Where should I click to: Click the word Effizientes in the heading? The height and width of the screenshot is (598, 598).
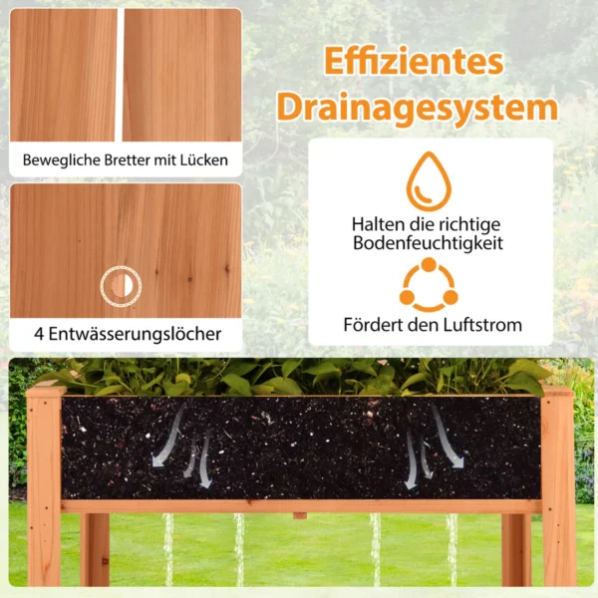(414, 62)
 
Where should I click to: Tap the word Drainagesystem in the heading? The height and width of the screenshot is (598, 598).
(418, 108)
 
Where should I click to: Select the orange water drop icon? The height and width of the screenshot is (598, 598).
(429, 181)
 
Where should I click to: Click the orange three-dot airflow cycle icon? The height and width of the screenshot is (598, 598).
(429, 284)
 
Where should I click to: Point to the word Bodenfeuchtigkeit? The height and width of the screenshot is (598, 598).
(428, 243)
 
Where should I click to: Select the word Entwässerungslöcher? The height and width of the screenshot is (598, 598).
(135, 334)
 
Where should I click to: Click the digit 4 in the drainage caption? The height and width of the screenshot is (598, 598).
(39, 334)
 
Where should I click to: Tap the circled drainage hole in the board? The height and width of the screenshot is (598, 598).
(121, 286)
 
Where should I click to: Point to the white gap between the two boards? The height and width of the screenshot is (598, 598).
(121, 75)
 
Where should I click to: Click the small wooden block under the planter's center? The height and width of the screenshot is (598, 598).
(300, 515)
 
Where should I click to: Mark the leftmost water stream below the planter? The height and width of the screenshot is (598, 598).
(168, 549)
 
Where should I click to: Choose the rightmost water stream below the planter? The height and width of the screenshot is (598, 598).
(451, 549)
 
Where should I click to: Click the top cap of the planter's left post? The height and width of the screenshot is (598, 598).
(46, 392)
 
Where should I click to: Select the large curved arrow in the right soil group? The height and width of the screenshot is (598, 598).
(448, 437)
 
